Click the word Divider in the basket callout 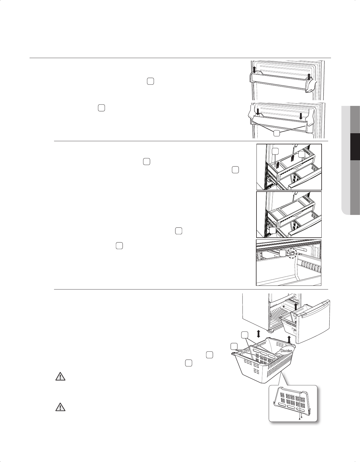tap(286, 351)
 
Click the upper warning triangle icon tap(60, 377)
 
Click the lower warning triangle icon tap(60, 408)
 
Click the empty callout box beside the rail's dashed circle tap(282, 254)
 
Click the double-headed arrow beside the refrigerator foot tap(258, 334)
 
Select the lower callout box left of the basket tap(234, 346)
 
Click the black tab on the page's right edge tap(355, 147)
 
